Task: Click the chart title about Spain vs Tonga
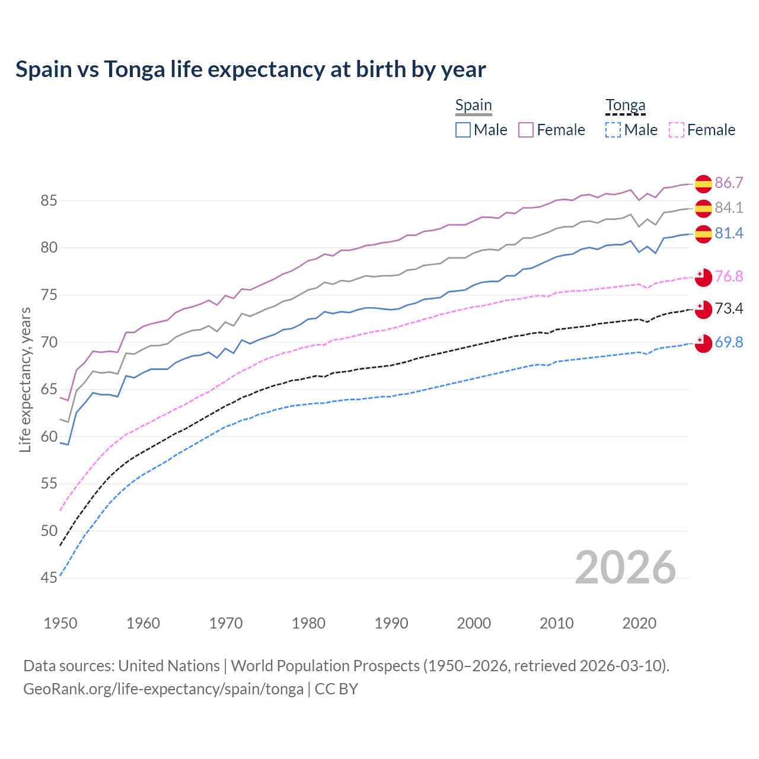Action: (x=250, y=69)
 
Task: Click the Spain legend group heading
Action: (x=473, y=106)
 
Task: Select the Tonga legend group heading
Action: (x=625, y=106)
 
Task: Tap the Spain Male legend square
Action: (x=463, y=130)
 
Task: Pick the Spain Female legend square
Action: (x=526, y=130)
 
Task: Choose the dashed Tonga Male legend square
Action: (x=613, y=130)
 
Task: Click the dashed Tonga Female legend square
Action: (x=677, y=130)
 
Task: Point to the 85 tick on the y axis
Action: (x=49, y=201)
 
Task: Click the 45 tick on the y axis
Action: (x=49, y=578)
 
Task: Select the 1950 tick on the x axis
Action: (x=60, y=623)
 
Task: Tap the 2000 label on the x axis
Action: (x=474, y=623)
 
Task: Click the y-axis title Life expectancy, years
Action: (x=25, y=379)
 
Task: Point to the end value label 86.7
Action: (x=729, y=183)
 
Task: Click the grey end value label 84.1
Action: (x=729, y=208)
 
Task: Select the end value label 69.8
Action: (x=729, y=342)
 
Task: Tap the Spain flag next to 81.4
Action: (x=703, y=234)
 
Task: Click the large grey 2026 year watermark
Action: (x=625, y=567)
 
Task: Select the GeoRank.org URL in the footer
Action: (x=163, y=689)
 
